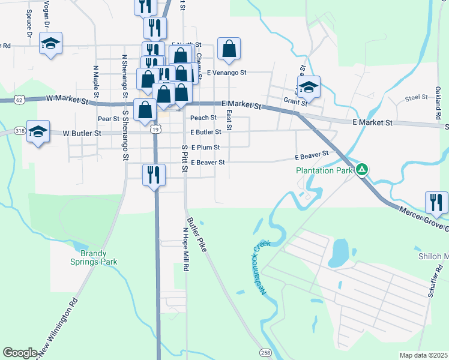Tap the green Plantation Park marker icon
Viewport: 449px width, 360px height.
(x=361, y=170)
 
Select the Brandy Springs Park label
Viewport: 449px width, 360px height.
(x=92, y=256)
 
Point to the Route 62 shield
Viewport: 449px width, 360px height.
(x=19, y=100)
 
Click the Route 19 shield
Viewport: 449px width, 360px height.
(x=156, y=130)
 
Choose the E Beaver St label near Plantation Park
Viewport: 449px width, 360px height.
(x=312, y=155)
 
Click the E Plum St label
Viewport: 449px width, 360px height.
(x=205, y=147)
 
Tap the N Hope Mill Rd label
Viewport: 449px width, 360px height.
(x=186, y=247)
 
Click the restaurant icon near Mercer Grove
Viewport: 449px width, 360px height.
(x=436, y=202)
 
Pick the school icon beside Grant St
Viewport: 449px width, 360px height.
(x=309, y=86)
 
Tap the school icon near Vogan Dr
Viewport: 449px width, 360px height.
(x=50, y=43)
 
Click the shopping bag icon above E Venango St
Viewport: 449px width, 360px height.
(x=229, y=49)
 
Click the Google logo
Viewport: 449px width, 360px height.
(x=20, y=353)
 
